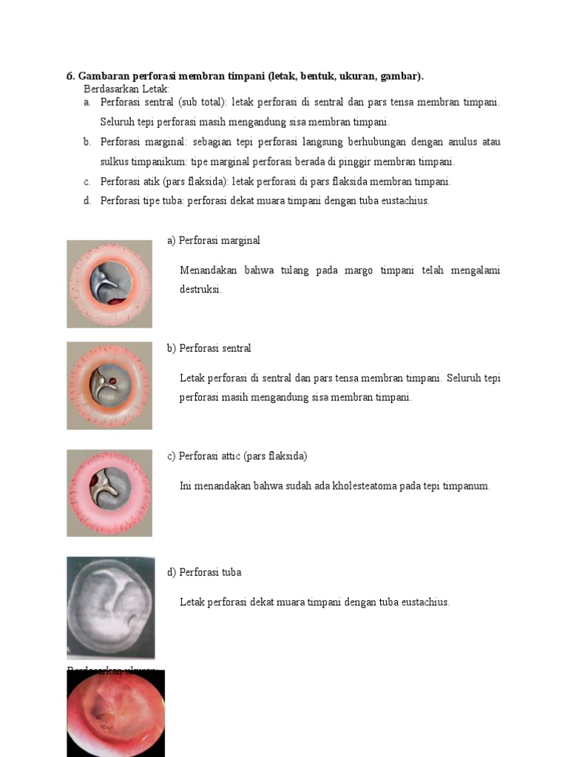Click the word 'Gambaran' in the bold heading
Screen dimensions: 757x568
[102, 76]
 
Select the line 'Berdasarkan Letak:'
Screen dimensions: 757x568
[126, 89]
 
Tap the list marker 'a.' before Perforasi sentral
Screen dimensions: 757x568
[87, 102]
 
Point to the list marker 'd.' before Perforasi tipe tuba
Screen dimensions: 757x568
[87, 200]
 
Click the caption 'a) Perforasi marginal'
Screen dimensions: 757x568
[214, 240]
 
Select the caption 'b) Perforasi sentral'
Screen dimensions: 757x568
[209, 348]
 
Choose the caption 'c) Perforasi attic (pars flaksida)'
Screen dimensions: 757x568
[237, 456]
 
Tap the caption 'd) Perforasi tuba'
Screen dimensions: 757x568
[204, 572]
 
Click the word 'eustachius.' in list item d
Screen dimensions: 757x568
[405, 200]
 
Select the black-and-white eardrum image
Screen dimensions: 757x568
[110, 607]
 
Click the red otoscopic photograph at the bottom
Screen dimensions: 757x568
[115, 713]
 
